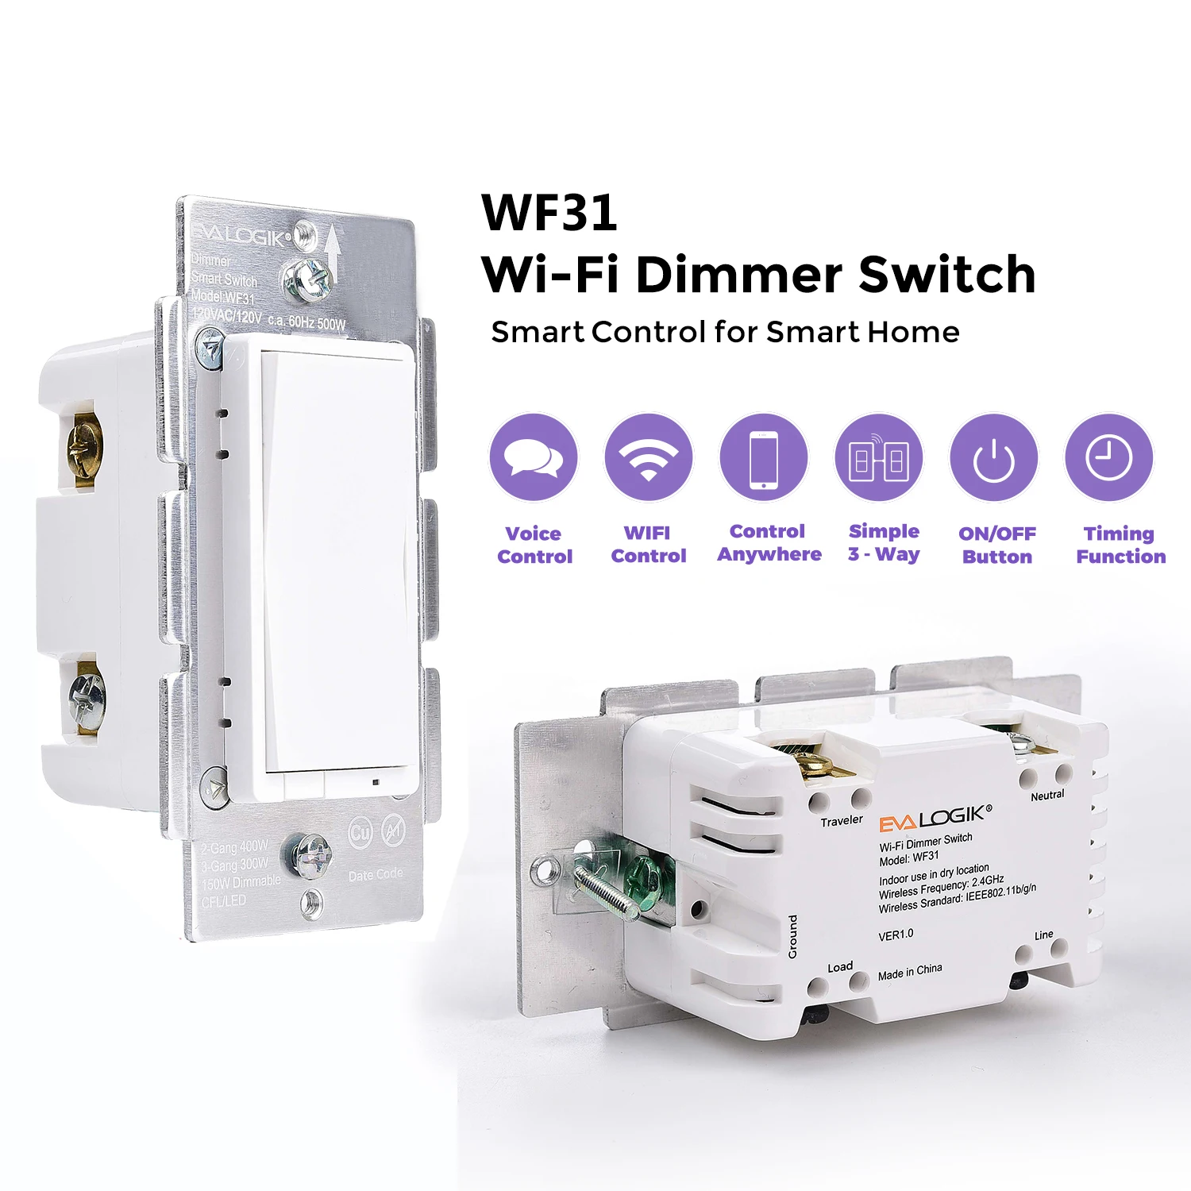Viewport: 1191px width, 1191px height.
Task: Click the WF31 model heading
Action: pos(549,213)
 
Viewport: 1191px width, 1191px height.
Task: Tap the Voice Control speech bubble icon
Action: pos(534,457)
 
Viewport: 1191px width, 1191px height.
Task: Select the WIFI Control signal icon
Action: pos(649,457)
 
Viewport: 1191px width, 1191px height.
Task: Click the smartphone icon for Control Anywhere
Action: pos(764,457)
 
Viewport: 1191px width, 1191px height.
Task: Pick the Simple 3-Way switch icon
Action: pos(879,457)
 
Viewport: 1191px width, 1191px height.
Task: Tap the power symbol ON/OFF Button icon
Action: pos(994,458)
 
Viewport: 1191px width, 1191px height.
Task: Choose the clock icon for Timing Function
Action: pos(1108,457)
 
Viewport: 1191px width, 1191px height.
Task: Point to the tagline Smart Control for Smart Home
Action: pos(725,332)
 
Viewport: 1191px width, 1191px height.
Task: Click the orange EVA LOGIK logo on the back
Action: pos(934,818)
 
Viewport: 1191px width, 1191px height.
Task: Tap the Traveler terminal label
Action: pos(842,820)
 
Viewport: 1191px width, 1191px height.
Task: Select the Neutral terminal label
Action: pos(1047,795)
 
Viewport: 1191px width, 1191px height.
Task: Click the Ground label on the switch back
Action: pos(792,936)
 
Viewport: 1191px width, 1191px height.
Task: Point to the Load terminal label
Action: pos(840,967)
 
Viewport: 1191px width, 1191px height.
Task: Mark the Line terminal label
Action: pos(1044,935)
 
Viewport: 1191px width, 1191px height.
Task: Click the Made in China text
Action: pos(910,971)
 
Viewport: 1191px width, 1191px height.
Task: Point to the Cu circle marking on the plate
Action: pos(360,833)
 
